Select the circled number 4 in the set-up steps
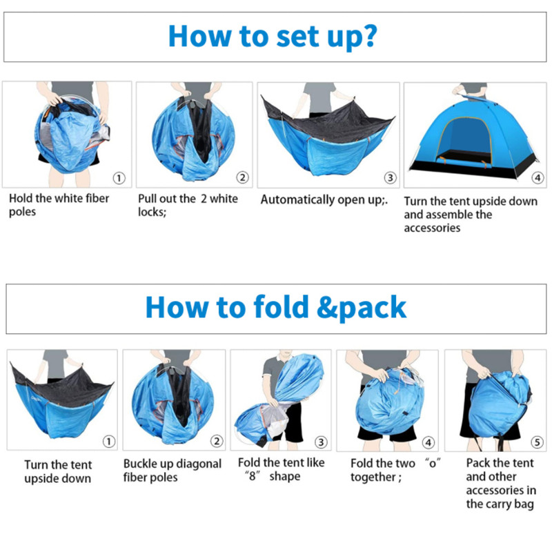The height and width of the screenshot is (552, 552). (x=538, y=178)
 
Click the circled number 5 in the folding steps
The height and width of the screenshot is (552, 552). (x=538, y=442)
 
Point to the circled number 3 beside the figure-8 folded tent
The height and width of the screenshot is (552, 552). (x=321, y=442)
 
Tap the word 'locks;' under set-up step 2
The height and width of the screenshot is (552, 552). (x=152, y=212)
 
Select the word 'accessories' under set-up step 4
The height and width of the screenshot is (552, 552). (x=432, y=228)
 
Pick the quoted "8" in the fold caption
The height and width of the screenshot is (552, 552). (x=252, y=476)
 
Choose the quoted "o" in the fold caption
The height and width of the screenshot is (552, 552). (x=433, y=463)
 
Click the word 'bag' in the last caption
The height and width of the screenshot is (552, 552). (x=524, y=504)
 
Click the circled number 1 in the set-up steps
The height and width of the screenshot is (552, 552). (x=119, y=178)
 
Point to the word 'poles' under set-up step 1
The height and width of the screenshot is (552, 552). (x=23, y=213)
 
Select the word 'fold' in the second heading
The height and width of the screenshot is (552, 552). (x=281, y=306)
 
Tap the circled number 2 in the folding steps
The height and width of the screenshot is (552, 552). (x=217, y=441)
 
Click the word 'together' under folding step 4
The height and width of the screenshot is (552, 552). (x=373, y=477)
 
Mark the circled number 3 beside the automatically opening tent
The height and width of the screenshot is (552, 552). (x=390, y=178)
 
